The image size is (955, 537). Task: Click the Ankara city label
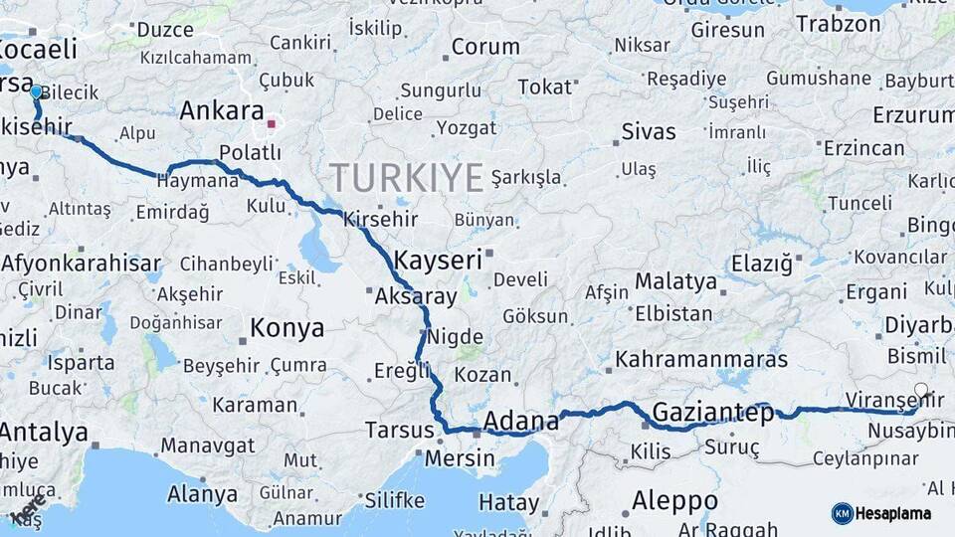[221, 111]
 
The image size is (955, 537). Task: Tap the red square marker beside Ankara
[272, 124]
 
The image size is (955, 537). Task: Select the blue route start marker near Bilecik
[36, 91]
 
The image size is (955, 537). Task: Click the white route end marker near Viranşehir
[921, 391]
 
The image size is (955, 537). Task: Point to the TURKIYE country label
[407, 177]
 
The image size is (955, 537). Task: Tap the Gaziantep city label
[712, 413]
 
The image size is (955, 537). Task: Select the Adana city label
[520, 422]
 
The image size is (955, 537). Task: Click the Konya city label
[286, 327]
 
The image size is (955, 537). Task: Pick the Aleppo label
[674, 499]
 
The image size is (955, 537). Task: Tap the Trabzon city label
[838, 23]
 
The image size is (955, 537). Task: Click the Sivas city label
[648, 131]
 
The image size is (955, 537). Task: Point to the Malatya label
[675, 281]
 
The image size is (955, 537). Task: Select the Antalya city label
[44, 433]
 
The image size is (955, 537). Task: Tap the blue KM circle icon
[842, 513]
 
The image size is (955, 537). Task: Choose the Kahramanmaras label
[701, 359]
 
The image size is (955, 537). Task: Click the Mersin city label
[459, 458]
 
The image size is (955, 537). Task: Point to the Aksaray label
[416, 296]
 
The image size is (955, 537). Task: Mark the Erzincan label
[864, 148]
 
